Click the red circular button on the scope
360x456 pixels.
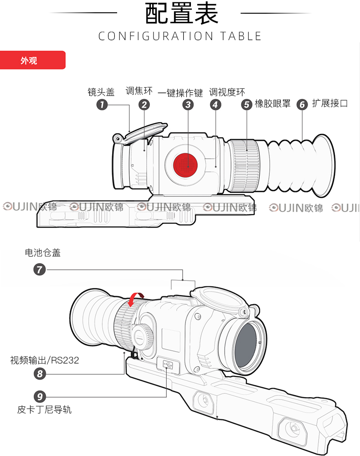[185, 165]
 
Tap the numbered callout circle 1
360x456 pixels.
[102, 104]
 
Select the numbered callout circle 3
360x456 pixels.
[188, 104]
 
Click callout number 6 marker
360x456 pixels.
[302, 104]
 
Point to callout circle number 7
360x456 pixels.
[40, 269]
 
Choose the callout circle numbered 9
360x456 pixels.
[40, 396]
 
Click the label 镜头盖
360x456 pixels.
[101, 92]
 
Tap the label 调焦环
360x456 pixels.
[139, 91]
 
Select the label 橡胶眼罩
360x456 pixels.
[273, 104]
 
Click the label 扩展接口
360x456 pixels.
[330, 103]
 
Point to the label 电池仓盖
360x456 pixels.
[43, 253]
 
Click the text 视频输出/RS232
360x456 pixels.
[45, 360]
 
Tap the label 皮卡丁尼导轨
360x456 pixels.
[44, 409]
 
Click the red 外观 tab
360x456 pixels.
[32, 60]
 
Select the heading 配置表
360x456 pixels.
[182, 13]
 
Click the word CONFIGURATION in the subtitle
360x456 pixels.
[156, 36]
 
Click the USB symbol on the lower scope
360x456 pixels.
[168, 364]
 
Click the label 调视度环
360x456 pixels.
[227, 92]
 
